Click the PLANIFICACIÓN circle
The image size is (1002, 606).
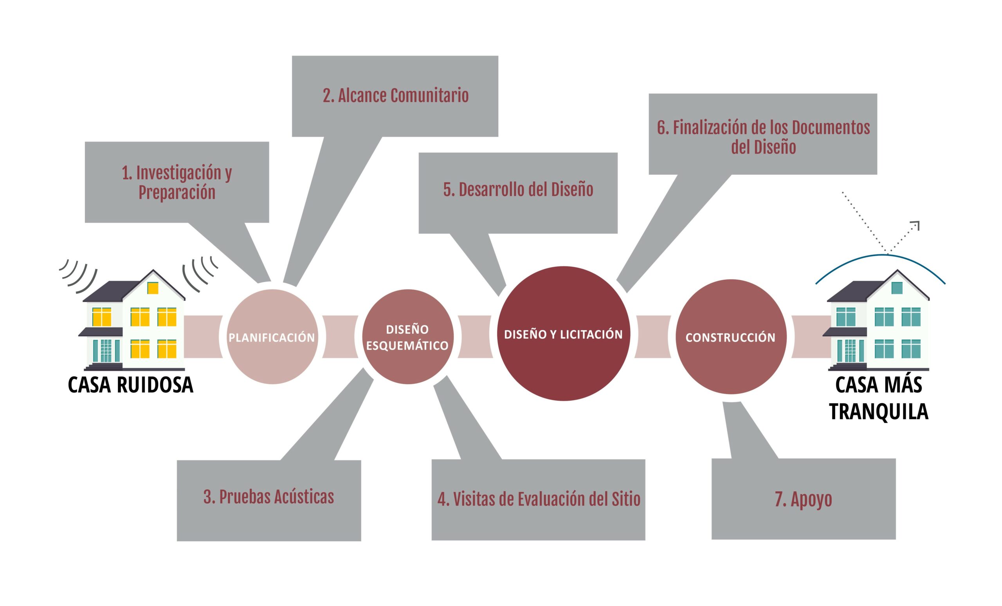click(x=272, y=336)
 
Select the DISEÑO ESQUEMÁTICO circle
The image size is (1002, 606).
click(x=407, y=337)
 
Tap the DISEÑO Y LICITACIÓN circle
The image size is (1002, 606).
click(x=563, y=334)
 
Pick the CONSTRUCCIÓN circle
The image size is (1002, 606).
click(x=731, y=337)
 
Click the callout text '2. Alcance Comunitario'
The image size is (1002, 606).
click(x=396, y=96)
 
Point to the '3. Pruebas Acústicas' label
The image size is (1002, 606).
click(x=269, y=497)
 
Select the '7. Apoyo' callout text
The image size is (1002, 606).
click(x=804, y=499)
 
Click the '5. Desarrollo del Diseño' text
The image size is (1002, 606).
click(x=518, y=190)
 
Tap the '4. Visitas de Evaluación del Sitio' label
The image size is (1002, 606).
click(x=539, y=499)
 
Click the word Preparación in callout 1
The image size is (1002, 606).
click(x=177, y=192)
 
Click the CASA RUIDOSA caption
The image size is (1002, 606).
click(x=131, y=385)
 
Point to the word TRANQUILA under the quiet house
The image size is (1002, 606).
click(x=879, y=411)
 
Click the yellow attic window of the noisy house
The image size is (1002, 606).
click(x=153, y=288)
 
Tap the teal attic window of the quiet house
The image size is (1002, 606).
click(x=897, y=288)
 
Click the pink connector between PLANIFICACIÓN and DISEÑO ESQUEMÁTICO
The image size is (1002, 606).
click(x=341, y=336)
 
